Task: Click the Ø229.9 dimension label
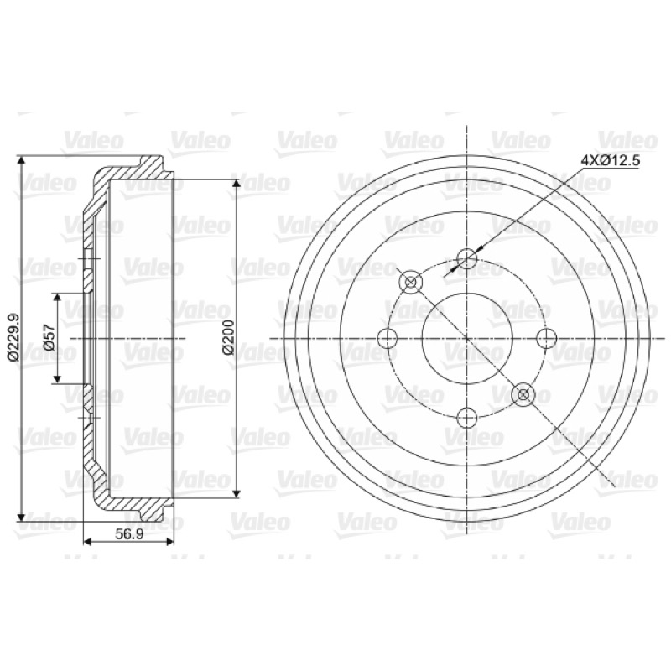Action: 13,338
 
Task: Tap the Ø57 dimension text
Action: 49,338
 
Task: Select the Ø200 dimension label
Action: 228,338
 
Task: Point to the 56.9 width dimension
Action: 129,534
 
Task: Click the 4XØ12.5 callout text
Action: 610,161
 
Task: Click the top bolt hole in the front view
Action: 466,258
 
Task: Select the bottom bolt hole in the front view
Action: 466,417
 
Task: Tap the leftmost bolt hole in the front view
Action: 388,338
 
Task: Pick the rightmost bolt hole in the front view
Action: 547,338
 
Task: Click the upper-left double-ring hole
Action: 410,282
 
